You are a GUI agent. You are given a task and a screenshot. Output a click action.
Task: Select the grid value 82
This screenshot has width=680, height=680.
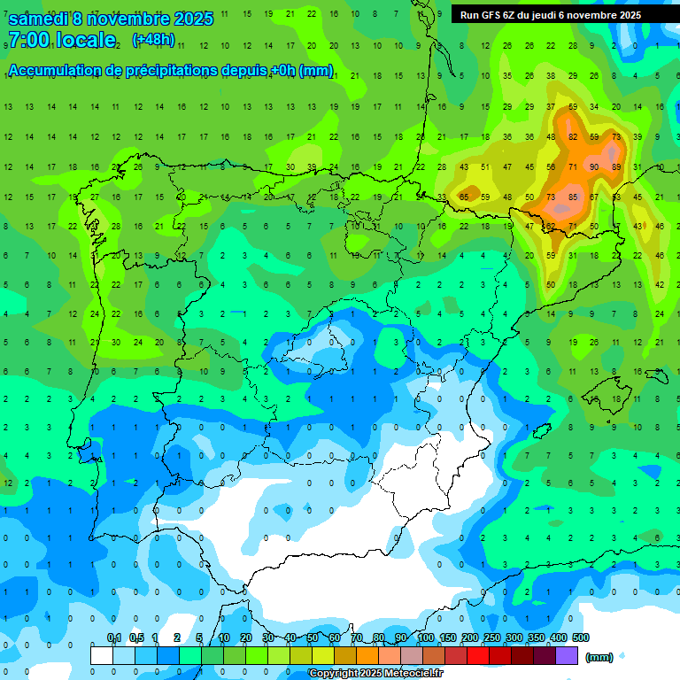[x=573, y=136]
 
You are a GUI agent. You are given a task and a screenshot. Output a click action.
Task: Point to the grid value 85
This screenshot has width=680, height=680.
[x=573, y=197]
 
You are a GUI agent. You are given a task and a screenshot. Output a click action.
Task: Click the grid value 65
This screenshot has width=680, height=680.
[x=464, y=197]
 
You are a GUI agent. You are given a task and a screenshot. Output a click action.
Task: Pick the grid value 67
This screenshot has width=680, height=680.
[x=594, y=197]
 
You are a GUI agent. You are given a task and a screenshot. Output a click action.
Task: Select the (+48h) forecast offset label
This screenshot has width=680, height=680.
[x=153, y=40]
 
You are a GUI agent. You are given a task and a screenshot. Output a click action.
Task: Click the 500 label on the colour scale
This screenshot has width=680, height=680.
[x=580, y=637]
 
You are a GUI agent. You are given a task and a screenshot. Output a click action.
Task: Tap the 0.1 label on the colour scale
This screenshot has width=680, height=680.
[x=114, y=637]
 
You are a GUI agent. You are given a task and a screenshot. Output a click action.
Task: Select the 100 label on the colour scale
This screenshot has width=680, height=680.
[x=425, y=637]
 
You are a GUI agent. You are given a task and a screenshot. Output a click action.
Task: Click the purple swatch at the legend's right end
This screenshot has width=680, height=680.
[x=568, y=655]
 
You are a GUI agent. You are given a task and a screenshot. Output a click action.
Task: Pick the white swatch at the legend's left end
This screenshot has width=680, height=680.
[x=102, y=655]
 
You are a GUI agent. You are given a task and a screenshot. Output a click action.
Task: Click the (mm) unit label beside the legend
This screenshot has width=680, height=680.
[x=599, y=657]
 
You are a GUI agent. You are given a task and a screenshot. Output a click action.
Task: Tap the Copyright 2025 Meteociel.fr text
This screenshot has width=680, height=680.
[x=375, y=674]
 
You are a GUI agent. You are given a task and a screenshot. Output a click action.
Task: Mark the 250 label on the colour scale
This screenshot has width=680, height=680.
[x=491, y=637]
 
